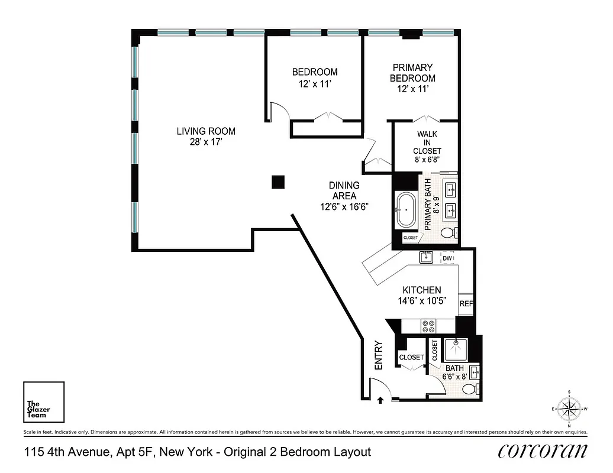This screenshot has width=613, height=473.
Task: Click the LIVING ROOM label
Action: click(206, 131)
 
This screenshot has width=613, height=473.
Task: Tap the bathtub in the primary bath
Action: click(406, 210)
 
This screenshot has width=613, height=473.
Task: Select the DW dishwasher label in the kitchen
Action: click(448, 258)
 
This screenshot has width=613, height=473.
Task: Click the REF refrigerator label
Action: click(466, 304)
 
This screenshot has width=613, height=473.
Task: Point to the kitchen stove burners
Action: click(428, 326)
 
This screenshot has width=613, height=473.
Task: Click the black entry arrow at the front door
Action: click(379, 400)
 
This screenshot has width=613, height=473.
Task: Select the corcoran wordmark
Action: click(543, 451)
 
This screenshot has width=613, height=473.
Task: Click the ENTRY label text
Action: click(379, 356)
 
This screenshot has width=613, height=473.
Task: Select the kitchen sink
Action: click(426, 257)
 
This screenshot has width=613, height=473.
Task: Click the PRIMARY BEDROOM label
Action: click(412, 73)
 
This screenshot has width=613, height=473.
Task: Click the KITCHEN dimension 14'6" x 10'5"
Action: click(421, 300)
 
